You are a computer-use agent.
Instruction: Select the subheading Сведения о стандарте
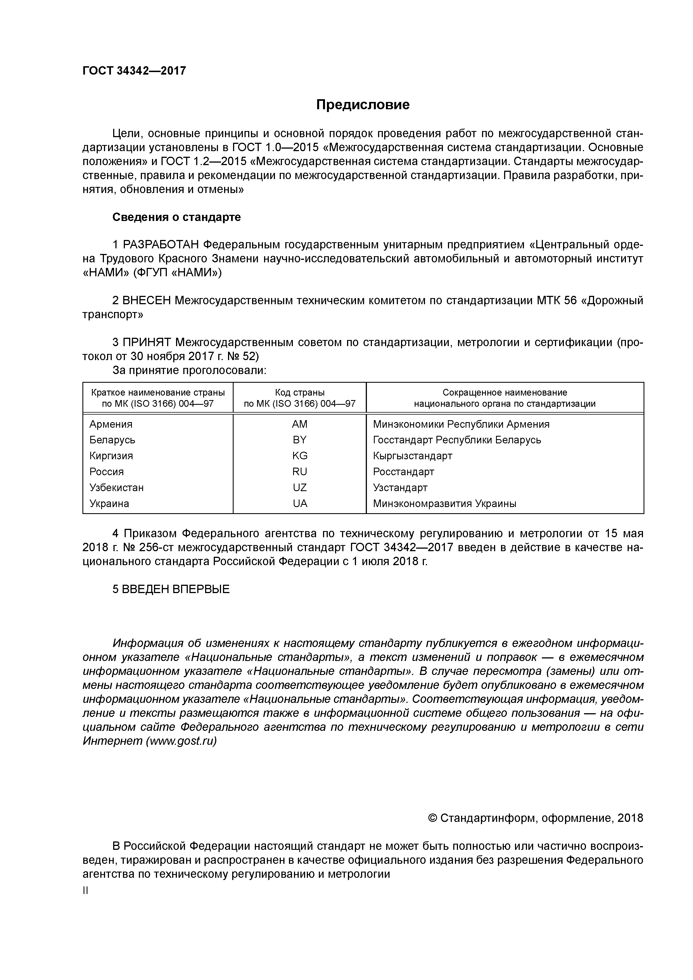click(176, 217)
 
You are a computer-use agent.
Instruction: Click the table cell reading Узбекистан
click(116, 487)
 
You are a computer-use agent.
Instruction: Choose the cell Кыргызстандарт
click(412, 456)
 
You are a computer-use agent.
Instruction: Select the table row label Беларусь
click(112, 440)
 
